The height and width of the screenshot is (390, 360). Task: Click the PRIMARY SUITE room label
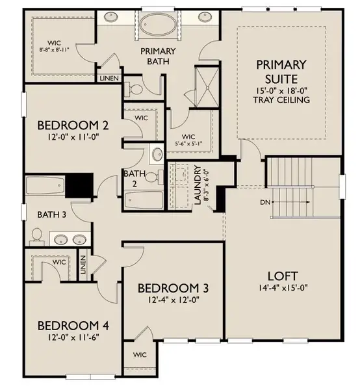click(281, 71)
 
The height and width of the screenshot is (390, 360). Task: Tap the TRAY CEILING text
click(281, 100)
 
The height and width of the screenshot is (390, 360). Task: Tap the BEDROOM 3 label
click(173, 288)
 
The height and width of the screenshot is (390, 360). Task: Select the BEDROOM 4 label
click(68, 326)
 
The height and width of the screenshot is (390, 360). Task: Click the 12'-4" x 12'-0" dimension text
click(173, 300)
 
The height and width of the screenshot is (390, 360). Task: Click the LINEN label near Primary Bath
click(108, 79)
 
